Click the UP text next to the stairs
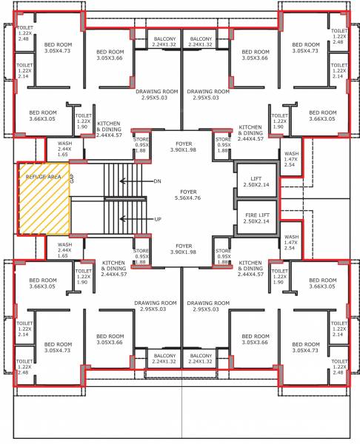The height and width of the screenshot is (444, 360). [157, 219]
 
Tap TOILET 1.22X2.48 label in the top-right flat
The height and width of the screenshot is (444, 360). [339, 38]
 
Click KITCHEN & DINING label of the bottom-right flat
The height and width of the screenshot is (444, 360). [250, 267]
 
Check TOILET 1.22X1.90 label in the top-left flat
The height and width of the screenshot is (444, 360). [83, 121]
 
